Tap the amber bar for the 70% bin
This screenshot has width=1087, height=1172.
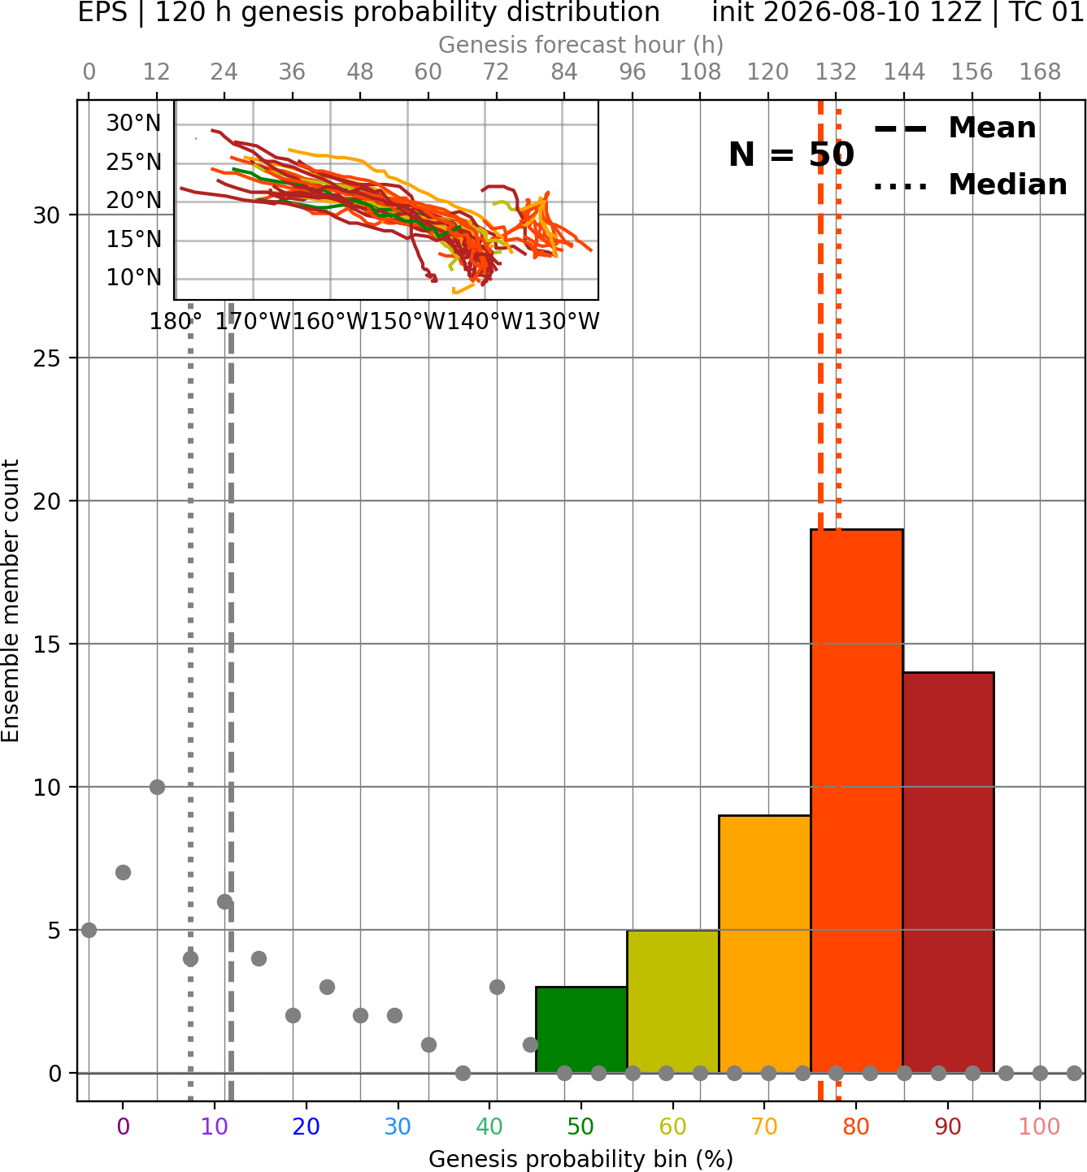point(764,944)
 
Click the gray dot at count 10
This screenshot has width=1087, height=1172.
point(157,787)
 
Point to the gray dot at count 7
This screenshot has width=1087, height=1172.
point(123,872)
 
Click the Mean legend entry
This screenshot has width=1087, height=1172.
point(954,128)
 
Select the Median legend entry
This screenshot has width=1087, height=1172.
point(970,184)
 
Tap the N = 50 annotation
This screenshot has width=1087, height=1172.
point(791,154)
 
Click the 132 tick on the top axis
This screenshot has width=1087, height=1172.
point(836,72)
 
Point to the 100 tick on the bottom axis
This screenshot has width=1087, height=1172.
point(1040,1126)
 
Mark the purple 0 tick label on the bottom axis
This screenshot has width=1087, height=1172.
point(123,1126)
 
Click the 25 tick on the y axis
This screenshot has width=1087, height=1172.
point(47,358)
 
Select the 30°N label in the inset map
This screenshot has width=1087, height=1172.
point(133,124)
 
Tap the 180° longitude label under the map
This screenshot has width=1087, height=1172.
point(176,322)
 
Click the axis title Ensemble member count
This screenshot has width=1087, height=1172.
point(11,601)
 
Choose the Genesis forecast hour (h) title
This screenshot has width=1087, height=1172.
point(581,45)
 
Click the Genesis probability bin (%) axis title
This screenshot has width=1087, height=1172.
point(581,1159)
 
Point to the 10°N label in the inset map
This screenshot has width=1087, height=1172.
point(133,278)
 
